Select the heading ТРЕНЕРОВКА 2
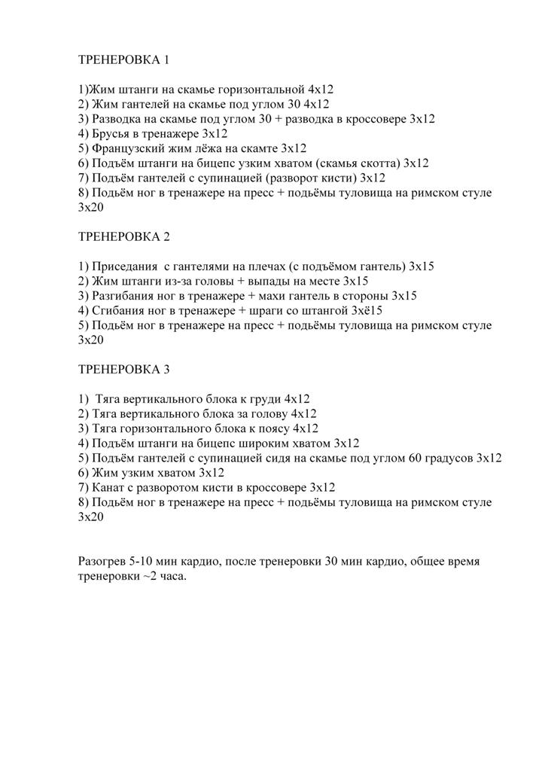124,236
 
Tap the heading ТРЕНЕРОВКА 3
124,370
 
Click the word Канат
108,488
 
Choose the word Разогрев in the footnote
102,562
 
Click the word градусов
440,459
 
